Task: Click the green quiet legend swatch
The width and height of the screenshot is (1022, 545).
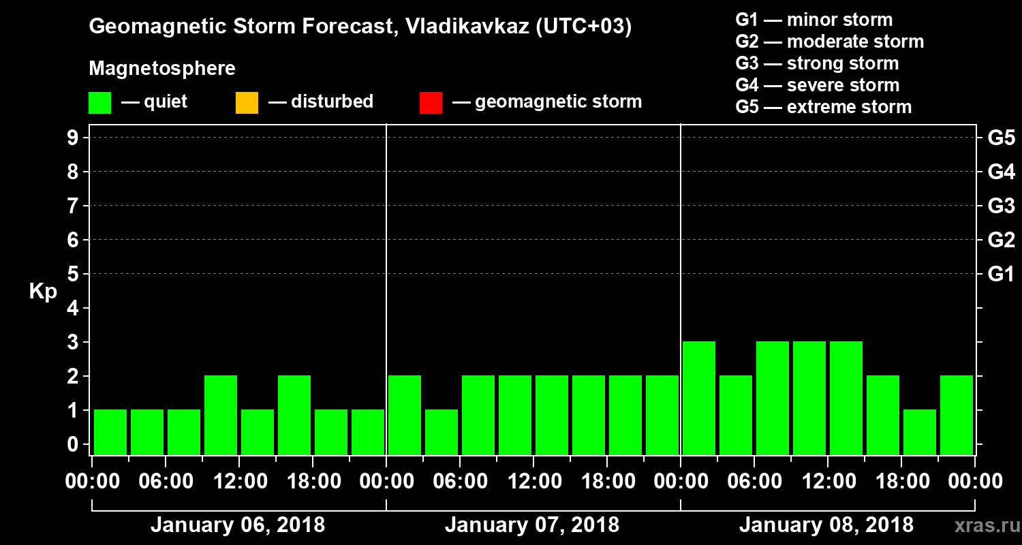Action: pyautogui.click(x=99, y=103)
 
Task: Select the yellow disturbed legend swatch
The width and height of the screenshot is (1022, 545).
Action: pyautogui.click(x=247, y=103)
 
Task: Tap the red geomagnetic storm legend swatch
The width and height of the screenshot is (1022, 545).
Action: pyautogui.click(x=431, y=103)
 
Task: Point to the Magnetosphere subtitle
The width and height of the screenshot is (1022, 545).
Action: pyautogui.click(x=162, y=69)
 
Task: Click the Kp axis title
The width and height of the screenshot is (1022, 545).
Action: pyautogui.click(x=43, y=292)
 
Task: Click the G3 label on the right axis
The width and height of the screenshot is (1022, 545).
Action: pyautogui.click(x=1001, y=206)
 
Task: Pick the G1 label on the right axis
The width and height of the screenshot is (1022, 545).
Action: pyautogui.click(x=1001, y=274)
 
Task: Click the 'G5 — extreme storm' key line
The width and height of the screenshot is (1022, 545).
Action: pyautogui.click(x=823, y=107)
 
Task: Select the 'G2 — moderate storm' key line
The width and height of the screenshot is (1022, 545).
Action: pyautogui.click(x=829, y=42)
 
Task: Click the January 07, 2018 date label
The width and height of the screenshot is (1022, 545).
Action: pyautogui.click(x=532, y=525)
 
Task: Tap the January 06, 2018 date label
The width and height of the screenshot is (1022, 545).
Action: pyautogui.click(x=238, y=525)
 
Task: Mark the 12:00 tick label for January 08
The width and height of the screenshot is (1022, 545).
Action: pyautogui.click(x=827, y=482)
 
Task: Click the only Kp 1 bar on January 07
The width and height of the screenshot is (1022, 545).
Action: pyautogui.click(x=442, y=432)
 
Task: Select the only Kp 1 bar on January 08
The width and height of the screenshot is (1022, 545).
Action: pyautogui.click(x=920, y=432)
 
